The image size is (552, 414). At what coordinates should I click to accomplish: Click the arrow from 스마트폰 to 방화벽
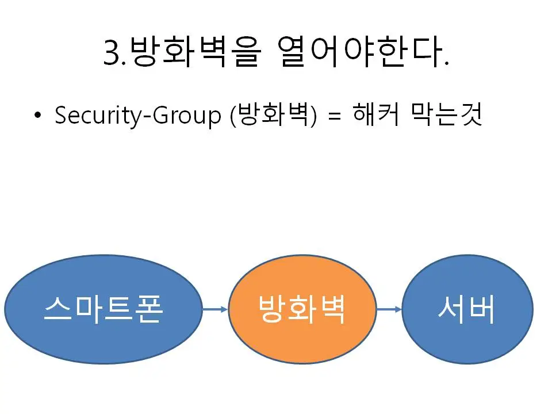point(215,310)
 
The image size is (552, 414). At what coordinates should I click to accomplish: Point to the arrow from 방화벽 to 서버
point(389,310)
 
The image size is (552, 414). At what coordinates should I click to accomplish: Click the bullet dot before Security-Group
point(38,116)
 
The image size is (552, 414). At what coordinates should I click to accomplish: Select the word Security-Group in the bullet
point(138,116)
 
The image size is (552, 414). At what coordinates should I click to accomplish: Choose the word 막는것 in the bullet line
point(447,116)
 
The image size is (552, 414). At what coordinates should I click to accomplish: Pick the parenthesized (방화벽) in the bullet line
point(273,116)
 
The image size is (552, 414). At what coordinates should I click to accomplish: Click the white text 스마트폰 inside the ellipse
point(103,310)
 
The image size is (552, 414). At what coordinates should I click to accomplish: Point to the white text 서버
point(466,310)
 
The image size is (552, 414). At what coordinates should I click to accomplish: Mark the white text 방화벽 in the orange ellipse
point(302,310)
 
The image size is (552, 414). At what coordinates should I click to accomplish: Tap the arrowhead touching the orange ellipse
point(225,310)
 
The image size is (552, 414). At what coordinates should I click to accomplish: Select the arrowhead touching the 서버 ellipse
point(398,310)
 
